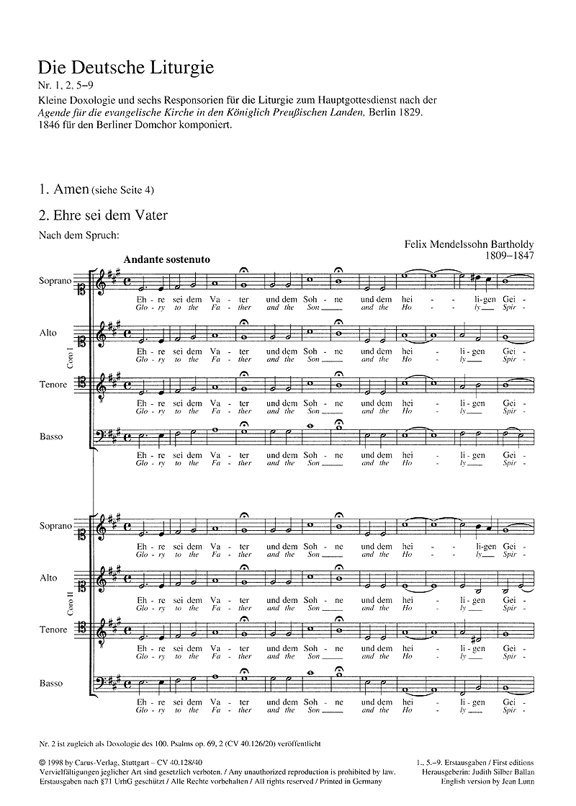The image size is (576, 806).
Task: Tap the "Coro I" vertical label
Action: tap(69, 357)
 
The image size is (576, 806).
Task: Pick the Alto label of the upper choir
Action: tap(48, 333)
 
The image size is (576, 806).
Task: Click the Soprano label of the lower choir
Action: tap(56, 526)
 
